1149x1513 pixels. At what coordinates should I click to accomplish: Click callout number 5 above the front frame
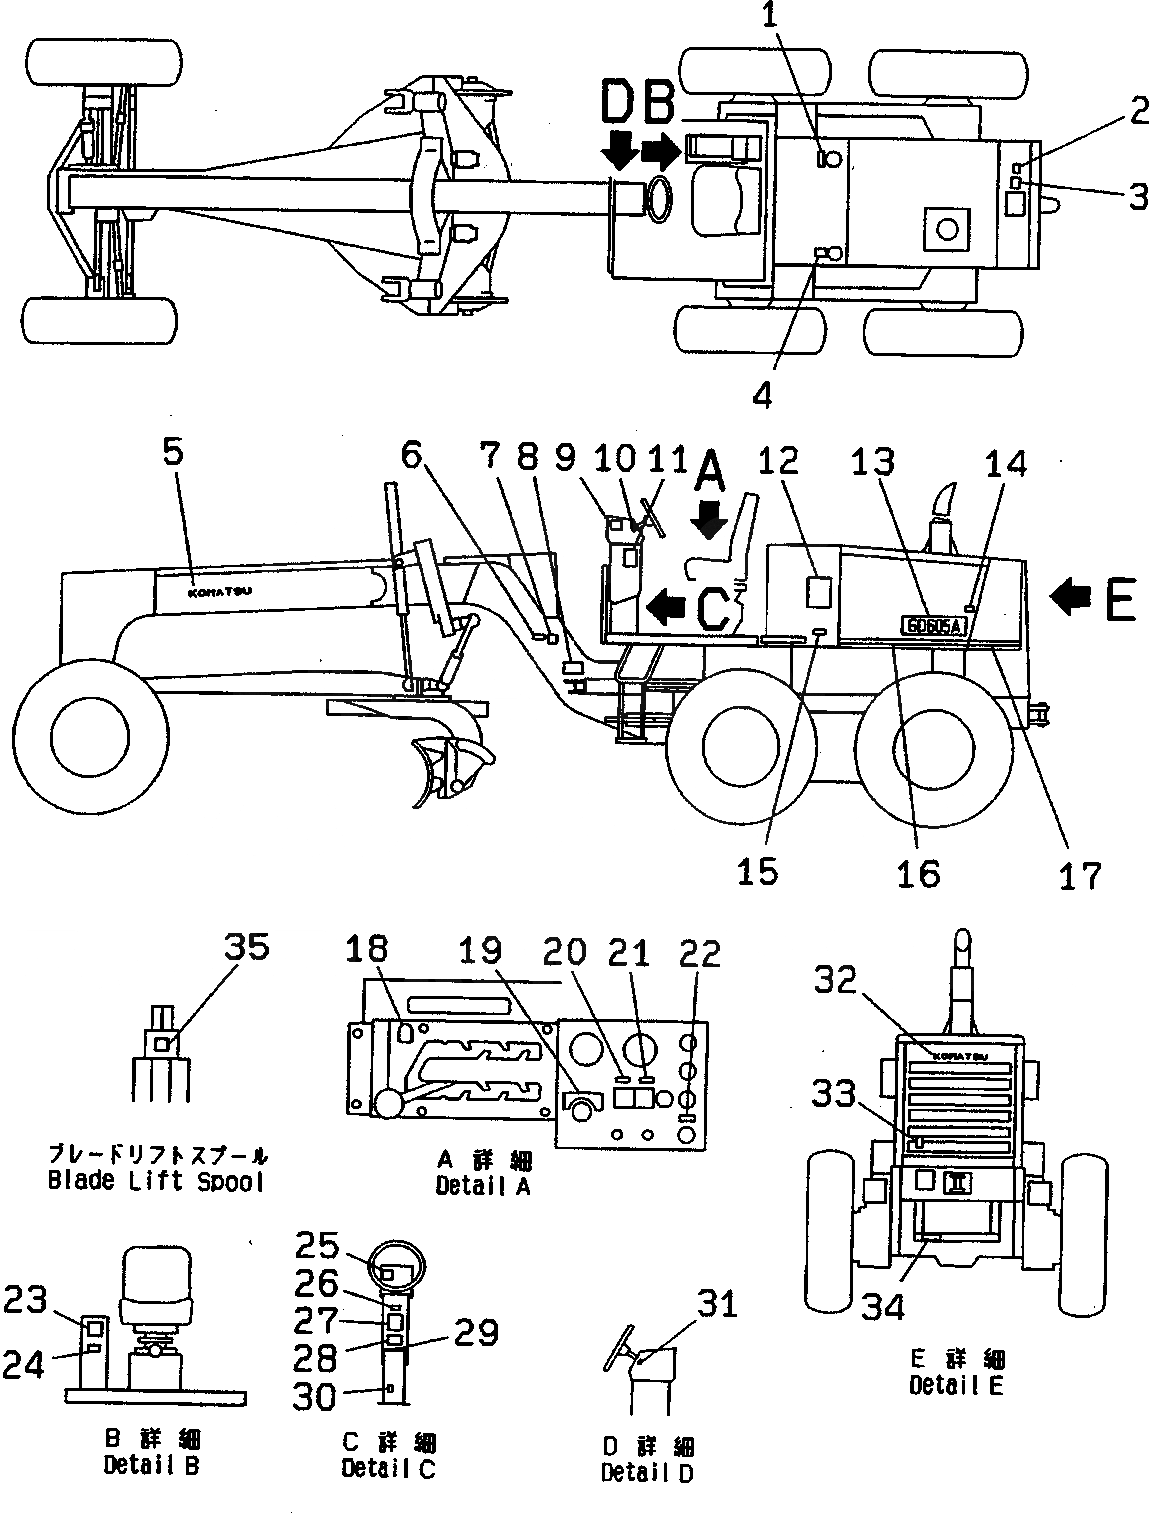click(173, 453)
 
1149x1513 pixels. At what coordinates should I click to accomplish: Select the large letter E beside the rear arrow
click(1120, 599)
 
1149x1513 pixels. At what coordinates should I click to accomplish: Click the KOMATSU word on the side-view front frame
click(219, 592)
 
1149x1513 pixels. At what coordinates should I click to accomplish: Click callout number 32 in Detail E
click(835, 981)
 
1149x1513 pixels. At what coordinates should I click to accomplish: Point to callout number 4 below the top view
click(762, 395)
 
